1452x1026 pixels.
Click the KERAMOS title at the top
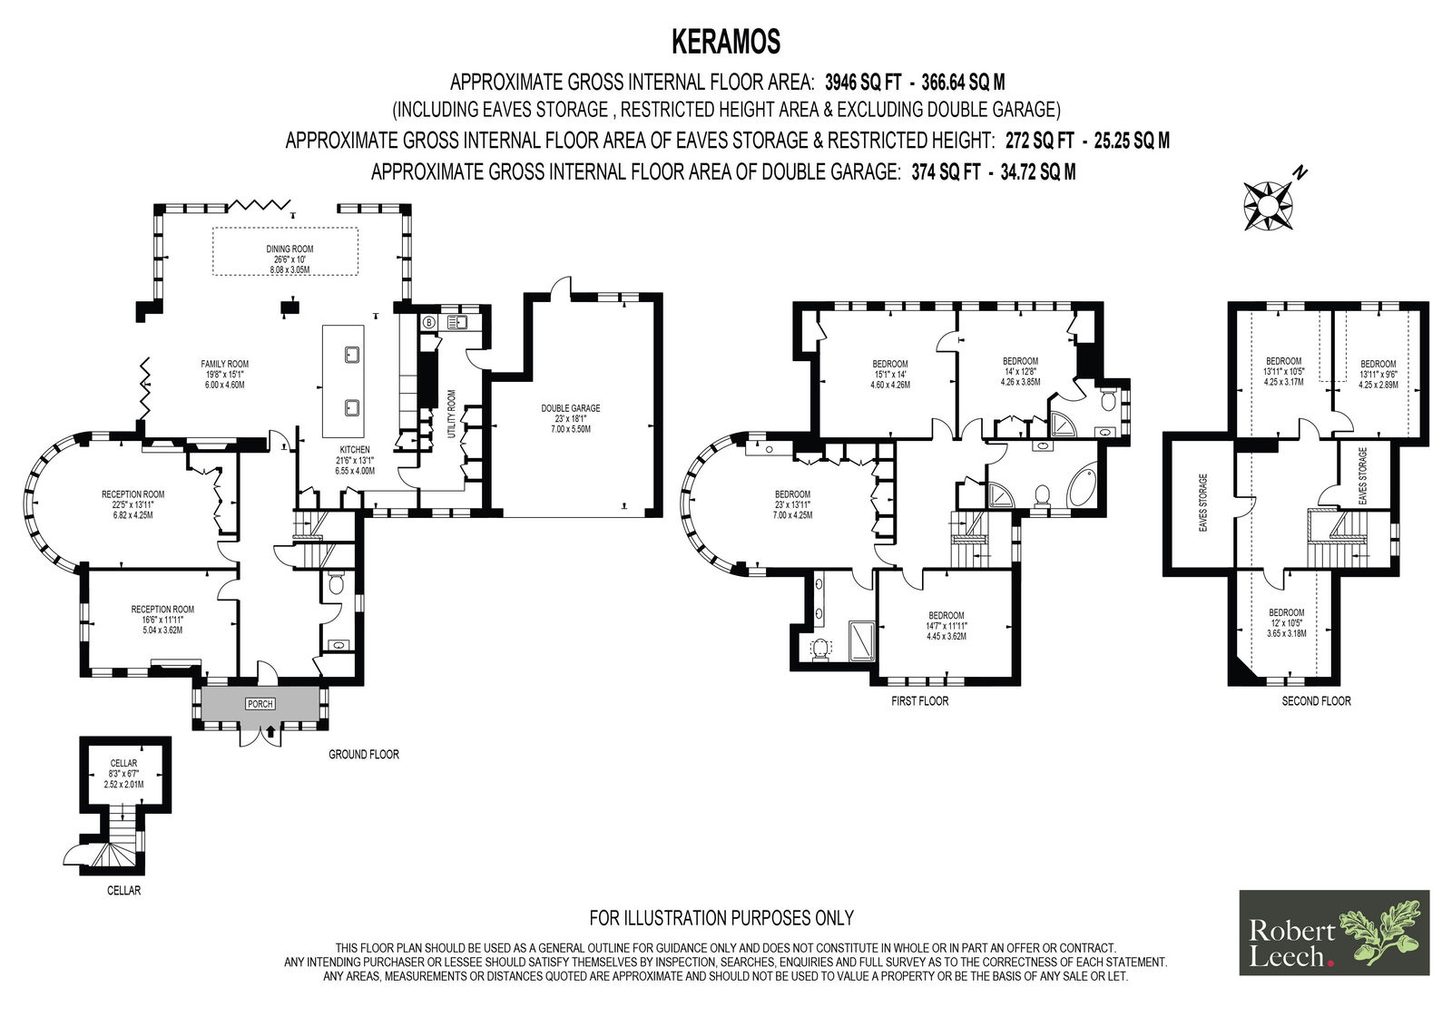pyautogui.click(x=725, y=43)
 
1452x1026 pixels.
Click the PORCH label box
pyautogui.click(x=260, y=704)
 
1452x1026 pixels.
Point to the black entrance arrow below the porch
pyautogui.click(x=270, y=732)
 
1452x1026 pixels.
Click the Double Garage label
pyautogui.click(x=571, y=419)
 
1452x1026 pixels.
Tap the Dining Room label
pyautogui.click(x=289, y=259)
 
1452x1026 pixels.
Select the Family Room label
pyautogui.click(x=225, y=374)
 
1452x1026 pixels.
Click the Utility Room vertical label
pyautogui.click(x=452, y=414)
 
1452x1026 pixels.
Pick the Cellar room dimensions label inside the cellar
pyautogui.click(x=123, y=774)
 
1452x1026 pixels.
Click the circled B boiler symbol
pyautogui.click(x=428, y=322)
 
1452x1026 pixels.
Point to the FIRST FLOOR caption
pyautogui.click(x=920, y=700)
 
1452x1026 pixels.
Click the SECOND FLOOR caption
pyautogui.click(x=1317, y=700)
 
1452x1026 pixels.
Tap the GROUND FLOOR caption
pyautogui.click(x=364, y=755)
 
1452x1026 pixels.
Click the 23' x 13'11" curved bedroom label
pyautogui.click(x=792, y=504)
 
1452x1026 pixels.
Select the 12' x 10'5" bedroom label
pyautogui.click(x=1287, y=623)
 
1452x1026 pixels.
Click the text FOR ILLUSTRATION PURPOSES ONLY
pyautogui.click(x=721, y=918)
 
